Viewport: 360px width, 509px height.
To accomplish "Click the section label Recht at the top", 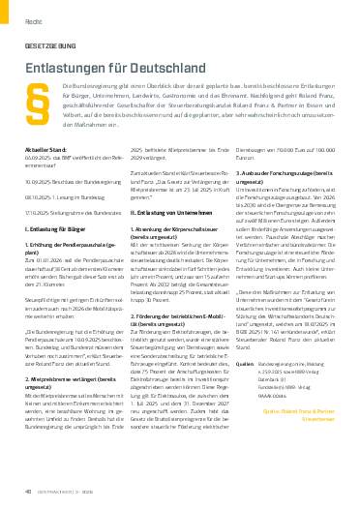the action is pos(32,16).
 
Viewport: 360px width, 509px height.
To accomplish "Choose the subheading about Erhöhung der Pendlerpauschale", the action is pos(75,244).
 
